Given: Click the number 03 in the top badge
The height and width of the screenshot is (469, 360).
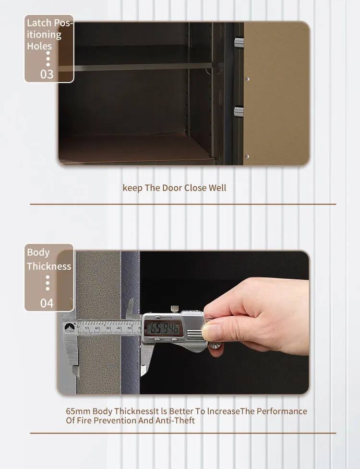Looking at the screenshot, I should [47, 74].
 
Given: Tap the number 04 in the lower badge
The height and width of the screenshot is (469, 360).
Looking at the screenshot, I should [47, 303].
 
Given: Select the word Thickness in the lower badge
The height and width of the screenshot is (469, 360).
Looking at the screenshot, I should [49, 266].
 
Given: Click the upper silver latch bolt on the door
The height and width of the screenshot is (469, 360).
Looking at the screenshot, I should [239, 44].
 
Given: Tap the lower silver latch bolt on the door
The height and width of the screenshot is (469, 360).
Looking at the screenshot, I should [239, 112].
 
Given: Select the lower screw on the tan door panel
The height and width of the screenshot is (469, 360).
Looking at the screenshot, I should [248, 156].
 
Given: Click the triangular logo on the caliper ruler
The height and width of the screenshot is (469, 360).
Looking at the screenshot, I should [69, 328].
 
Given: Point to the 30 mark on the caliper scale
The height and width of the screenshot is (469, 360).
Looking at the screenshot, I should [108, 328].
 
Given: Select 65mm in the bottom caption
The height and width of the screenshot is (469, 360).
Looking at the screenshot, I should [78, 411].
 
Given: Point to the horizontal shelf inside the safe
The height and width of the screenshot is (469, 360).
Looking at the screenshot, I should [139, 66].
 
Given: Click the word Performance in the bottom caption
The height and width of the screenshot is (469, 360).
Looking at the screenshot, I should [282, 411].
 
